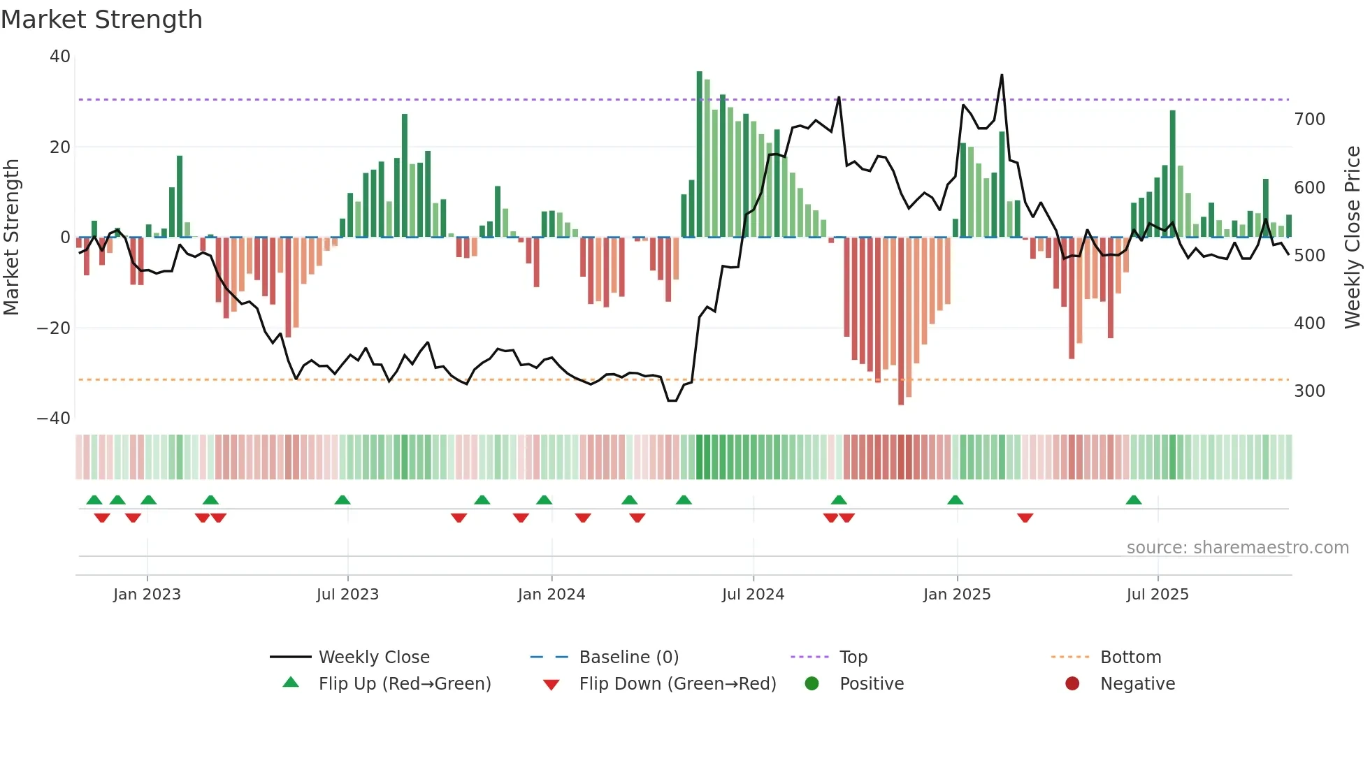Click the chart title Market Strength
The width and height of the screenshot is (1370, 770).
[x=101, y=20]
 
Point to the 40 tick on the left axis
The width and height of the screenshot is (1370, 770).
[x=60, y=57]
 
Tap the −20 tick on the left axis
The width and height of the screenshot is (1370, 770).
[x=55, y=328]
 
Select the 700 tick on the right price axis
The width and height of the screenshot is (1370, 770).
[x=1309, y=119]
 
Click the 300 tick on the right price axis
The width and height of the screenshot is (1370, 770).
[x=1309, y=391]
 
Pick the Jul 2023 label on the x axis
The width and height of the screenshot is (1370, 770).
[x=347, y=595]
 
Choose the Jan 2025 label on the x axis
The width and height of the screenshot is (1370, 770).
[x=956, y=595]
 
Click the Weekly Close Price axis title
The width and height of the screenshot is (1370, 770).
[x=1353, y=238]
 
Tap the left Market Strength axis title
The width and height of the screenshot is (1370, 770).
[x=12, y=238]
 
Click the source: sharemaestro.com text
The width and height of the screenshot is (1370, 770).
[x=1237, y=548]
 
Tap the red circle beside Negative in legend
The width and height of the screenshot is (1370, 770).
[x=1072, y=684]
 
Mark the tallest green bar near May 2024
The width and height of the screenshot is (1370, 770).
[x=699, y=154]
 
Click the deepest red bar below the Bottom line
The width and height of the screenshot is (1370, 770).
[x=901, y=321]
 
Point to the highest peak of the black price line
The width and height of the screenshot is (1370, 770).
[x=1002, y=75]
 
